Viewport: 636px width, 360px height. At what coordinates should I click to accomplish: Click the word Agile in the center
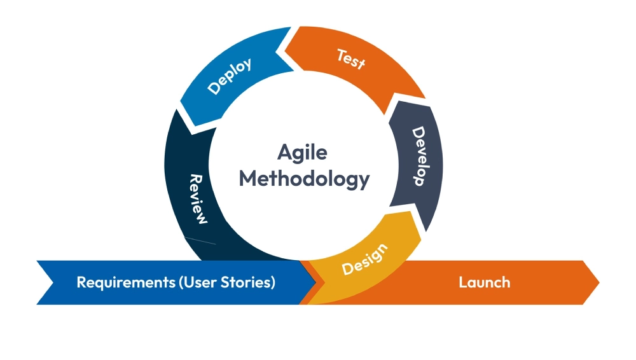coord(302,153)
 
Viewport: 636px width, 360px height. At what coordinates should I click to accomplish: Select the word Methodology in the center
coord(304,179)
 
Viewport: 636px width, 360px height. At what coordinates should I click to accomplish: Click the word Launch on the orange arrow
coord(485,282)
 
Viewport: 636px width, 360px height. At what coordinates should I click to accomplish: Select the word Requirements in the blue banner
coord(120,282)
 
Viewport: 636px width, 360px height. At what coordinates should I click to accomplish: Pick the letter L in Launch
coord(463,282)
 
